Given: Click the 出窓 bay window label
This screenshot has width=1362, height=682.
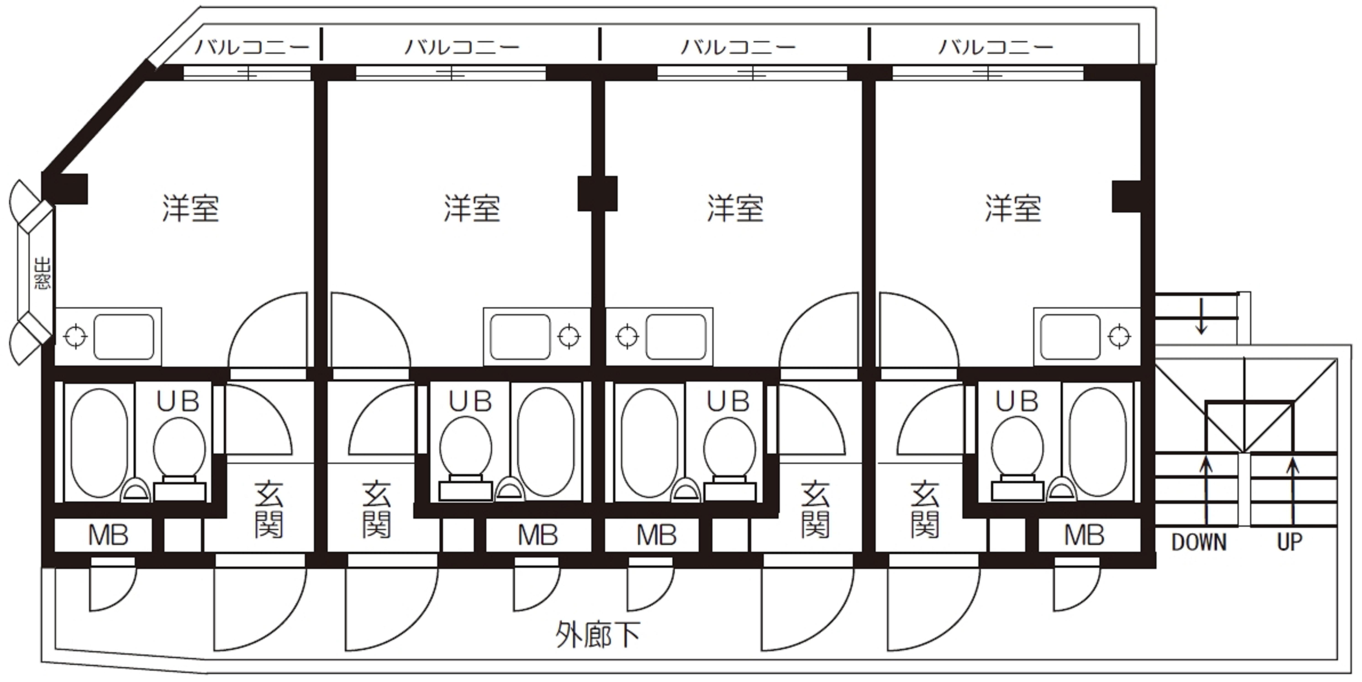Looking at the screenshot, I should (42, 273).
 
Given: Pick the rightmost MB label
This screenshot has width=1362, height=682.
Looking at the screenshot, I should (1084, 536).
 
